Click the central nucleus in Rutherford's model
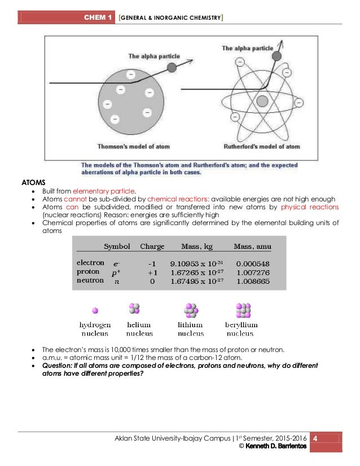coord(261,102)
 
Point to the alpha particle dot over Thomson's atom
coord(172,67)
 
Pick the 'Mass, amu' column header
coord(253,247)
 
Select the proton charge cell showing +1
coord(152,272)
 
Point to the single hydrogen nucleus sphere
coord(95,310)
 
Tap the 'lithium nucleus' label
coord(192,329)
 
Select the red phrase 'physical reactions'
coord(310,207)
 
